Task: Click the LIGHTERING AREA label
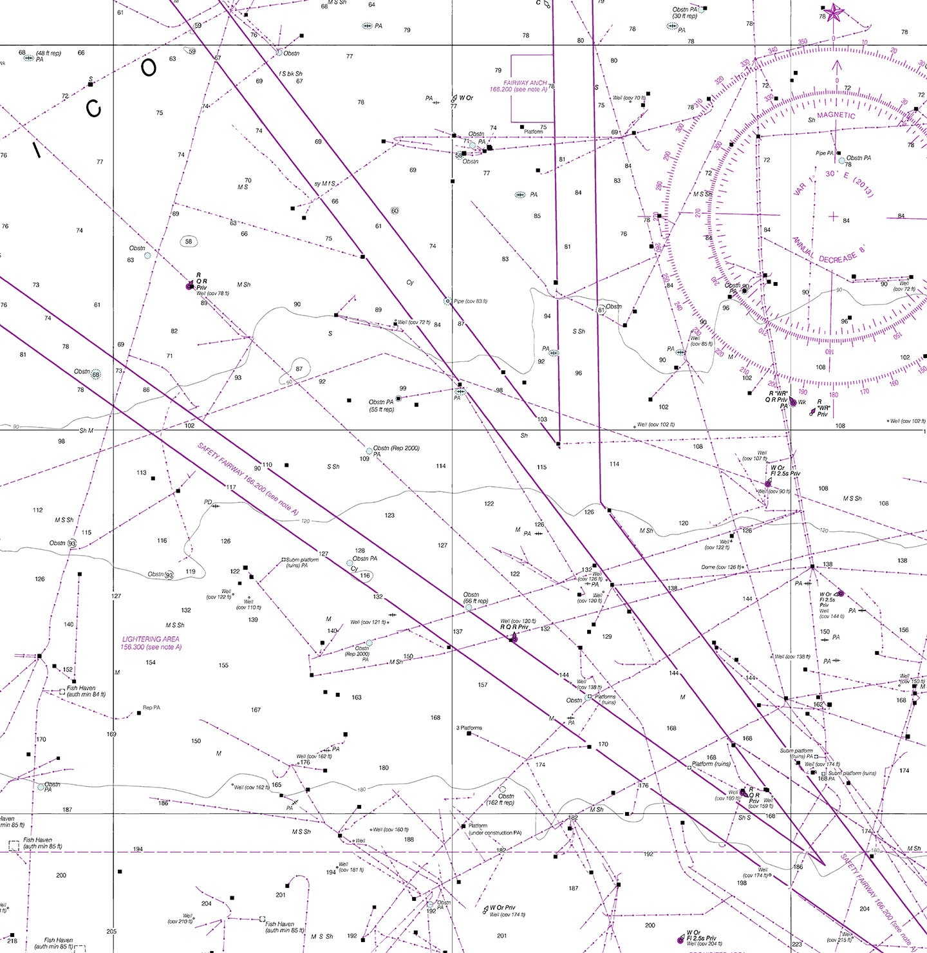[x=151, y=643]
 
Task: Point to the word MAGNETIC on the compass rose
[x=836, y=116]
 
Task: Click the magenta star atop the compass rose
[x=834, y=13]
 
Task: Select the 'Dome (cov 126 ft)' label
[x=722, y=567]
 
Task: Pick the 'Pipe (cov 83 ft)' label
[x=471, y=301]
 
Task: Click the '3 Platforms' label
[x=469, y=728]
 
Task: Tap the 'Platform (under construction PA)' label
[x=494, y=829]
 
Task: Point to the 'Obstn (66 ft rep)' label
[x=475, y=598]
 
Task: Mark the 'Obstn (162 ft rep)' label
[x=500, y=800]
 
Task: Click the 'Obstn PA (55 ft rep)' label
[x=381, y=406]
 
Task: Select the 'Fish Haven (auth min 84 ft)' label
[x=86, y=691]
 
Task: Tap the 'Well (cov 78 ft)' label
[x=212, y=293]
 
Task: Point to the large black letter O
[x=149, y=68]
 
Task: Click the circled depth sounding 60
[x=395, y=211]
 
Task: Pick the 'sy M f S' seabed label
[x=324, y=184]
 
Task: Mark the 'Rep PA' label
[x=151, y=708]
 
